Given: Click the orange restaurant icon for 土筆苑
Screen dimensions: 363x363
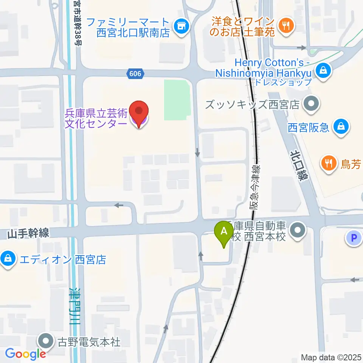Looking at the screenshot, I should click(284, 26).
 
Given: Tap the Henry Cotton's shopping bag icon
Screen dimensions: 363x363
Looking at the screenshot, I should click(324, 70).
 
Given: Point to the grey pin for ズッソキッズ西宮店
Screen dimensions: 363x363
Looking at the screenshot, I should click(311, 104).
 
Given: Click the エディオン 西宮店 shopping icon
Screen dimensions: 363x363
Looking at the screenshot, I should click(7, 259).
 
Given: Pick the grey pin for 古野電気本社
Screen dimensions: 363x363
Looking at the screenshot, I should click(47, 341).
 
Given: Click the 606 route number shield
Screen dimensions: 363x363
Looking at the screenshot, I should click(135, 74).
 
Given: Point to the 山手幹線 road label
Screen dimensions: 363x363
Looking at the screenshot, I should click(28, 234).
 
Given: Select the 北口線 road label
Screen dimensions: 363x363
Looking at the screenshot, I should click(298, 165).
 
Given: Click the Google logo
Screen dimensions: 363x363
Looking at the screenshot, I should click(25, 354).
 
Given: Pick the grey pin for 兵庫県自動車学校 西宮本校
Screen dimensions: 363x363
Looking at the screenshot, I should click(298, 231).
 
